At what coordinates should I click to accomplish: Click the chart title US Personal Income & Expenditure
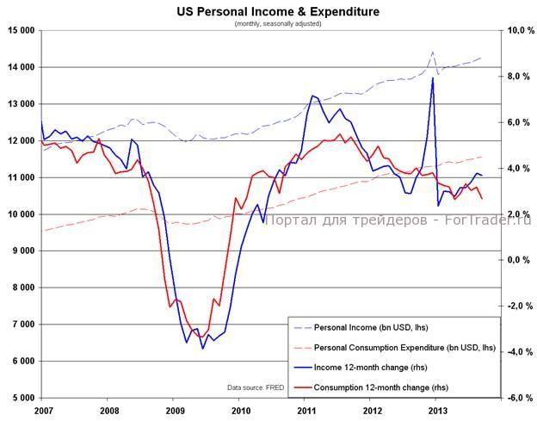click(278, 11)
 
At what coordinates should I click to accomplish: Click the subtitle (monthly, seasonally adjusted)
click(278, 23)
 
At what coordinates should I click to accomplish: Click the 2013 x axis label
click(437, 410)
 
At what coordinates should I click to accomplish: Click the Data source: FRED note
click(256, 387)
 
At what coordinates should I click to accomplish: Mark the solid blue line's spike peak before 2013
click(432, 78)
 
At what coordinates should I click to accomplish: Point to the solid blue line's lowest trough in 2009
click(203, 348)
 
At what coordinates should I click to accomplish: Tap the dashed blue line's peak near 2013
click(432, 53)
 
